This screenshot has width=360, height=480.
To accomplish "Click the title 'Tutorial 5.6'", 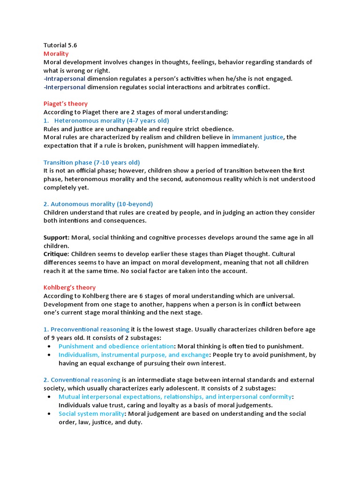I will pos(60,45).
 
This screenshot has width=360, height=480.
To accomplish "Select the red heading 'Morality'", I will pos(56,54).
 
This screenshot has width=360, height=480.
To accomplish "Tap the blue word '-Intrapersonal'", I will pos(64,79).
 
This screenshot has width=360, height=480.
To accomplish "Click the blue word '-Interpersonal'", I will pos(64,87).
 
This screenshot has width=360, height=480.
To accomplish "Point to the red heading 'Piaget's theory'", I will pos(66,104).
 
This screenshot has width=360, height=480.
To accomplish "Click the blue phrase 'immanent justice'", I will pos(258,137).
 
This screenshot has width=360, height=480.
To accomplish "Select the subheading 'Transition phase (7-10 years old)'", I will pos(91,163).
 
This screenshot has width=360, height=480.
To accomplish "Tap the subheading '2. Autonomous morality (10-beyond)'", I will pos(98,204).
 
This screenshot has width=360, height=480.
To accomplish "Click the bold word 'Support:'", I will pos(57,238).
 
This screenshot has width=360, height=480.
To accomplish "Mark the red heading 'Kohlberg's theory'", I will pos(69,287).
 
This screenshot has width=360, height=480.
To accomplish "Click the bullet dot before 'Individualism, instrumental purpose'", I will pos(50,355).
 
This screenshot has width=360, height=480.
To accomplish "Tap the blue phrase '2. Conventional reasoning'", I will pos(82,380).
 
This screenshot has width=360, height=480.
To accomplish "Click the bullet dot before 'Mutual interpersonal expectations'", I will pos(50,397).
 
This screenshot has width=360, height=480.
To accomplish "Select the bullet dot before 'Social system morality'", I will pos(50,413).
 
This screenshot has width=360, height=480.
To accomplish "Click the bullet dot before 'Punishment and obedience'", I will pos(50,346).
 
